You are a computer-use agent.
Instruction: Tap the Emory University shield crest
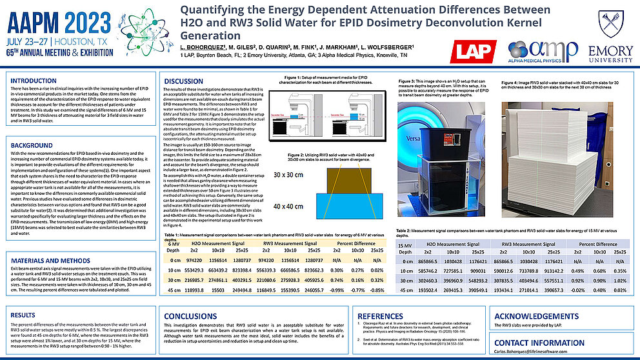coord(609,24)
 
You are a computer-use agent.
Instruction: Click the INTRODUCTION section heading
coord(34,81)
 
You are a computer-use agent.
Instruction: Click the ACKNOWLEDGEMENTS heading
coord(535,315)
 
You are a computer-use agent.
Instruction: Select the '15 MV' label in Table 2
coord(405,245)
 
